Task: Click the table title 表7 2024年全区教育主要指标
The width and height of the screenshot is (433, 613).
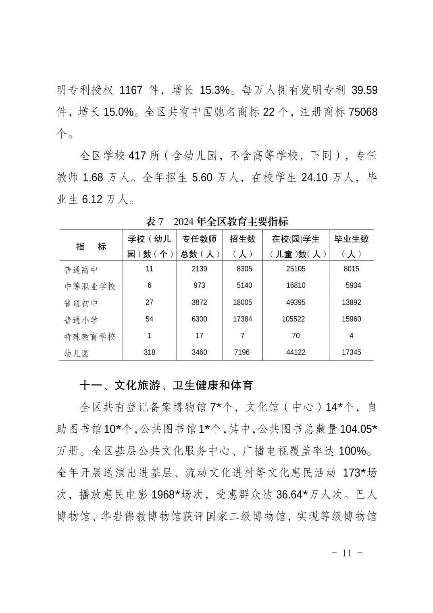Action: pos(217,221)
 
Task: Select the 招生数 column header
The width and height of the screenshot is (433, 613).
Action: pos(242,246)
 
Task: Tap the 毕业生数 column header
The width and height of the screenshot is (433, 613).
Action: pos(351,246)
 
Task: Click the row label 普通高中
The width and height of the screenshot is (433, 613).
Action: pos(81,269)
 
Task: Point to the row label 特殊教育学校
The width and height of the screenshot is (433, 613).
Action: pos(90,336)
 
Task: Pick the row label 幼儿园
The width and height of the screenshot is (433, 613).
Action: pos(77,353)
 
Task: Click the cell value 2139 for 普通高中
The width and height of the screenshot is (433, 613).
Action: pos(199,269)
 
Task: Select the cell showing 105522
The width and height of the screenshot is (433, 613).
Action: pos(296,319)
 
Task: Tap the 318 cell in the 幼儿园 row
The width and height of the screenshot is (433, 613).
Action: pos(149,352)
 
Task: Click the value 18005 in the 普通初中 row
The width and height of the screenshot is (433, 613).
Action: pos(242,302)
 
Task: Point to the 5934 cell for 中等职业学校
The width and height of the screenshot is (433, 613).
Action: pos(353,286)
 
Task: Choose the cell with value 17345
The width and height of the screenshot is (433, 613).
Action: pos(351,352)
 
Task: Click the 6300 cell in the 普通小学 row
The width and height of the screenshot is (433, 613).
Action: pos(199,319)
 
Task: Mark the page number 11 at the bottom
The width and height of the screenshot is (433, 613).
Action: pos(347,553)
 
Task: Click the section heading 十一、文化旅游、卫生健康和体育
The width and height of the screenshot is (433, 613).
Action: pos(167,386)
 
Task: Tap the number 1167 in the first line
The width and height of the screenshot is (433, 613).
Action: pos(131,90)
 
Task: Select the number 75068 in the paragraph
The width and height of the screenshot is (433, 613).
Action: pos(363,112)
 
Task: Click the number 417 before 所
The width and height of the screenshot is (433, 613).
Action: pos(136,156)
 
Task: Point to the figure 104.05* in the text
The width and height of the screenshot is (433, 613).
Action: pos(358,429)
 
